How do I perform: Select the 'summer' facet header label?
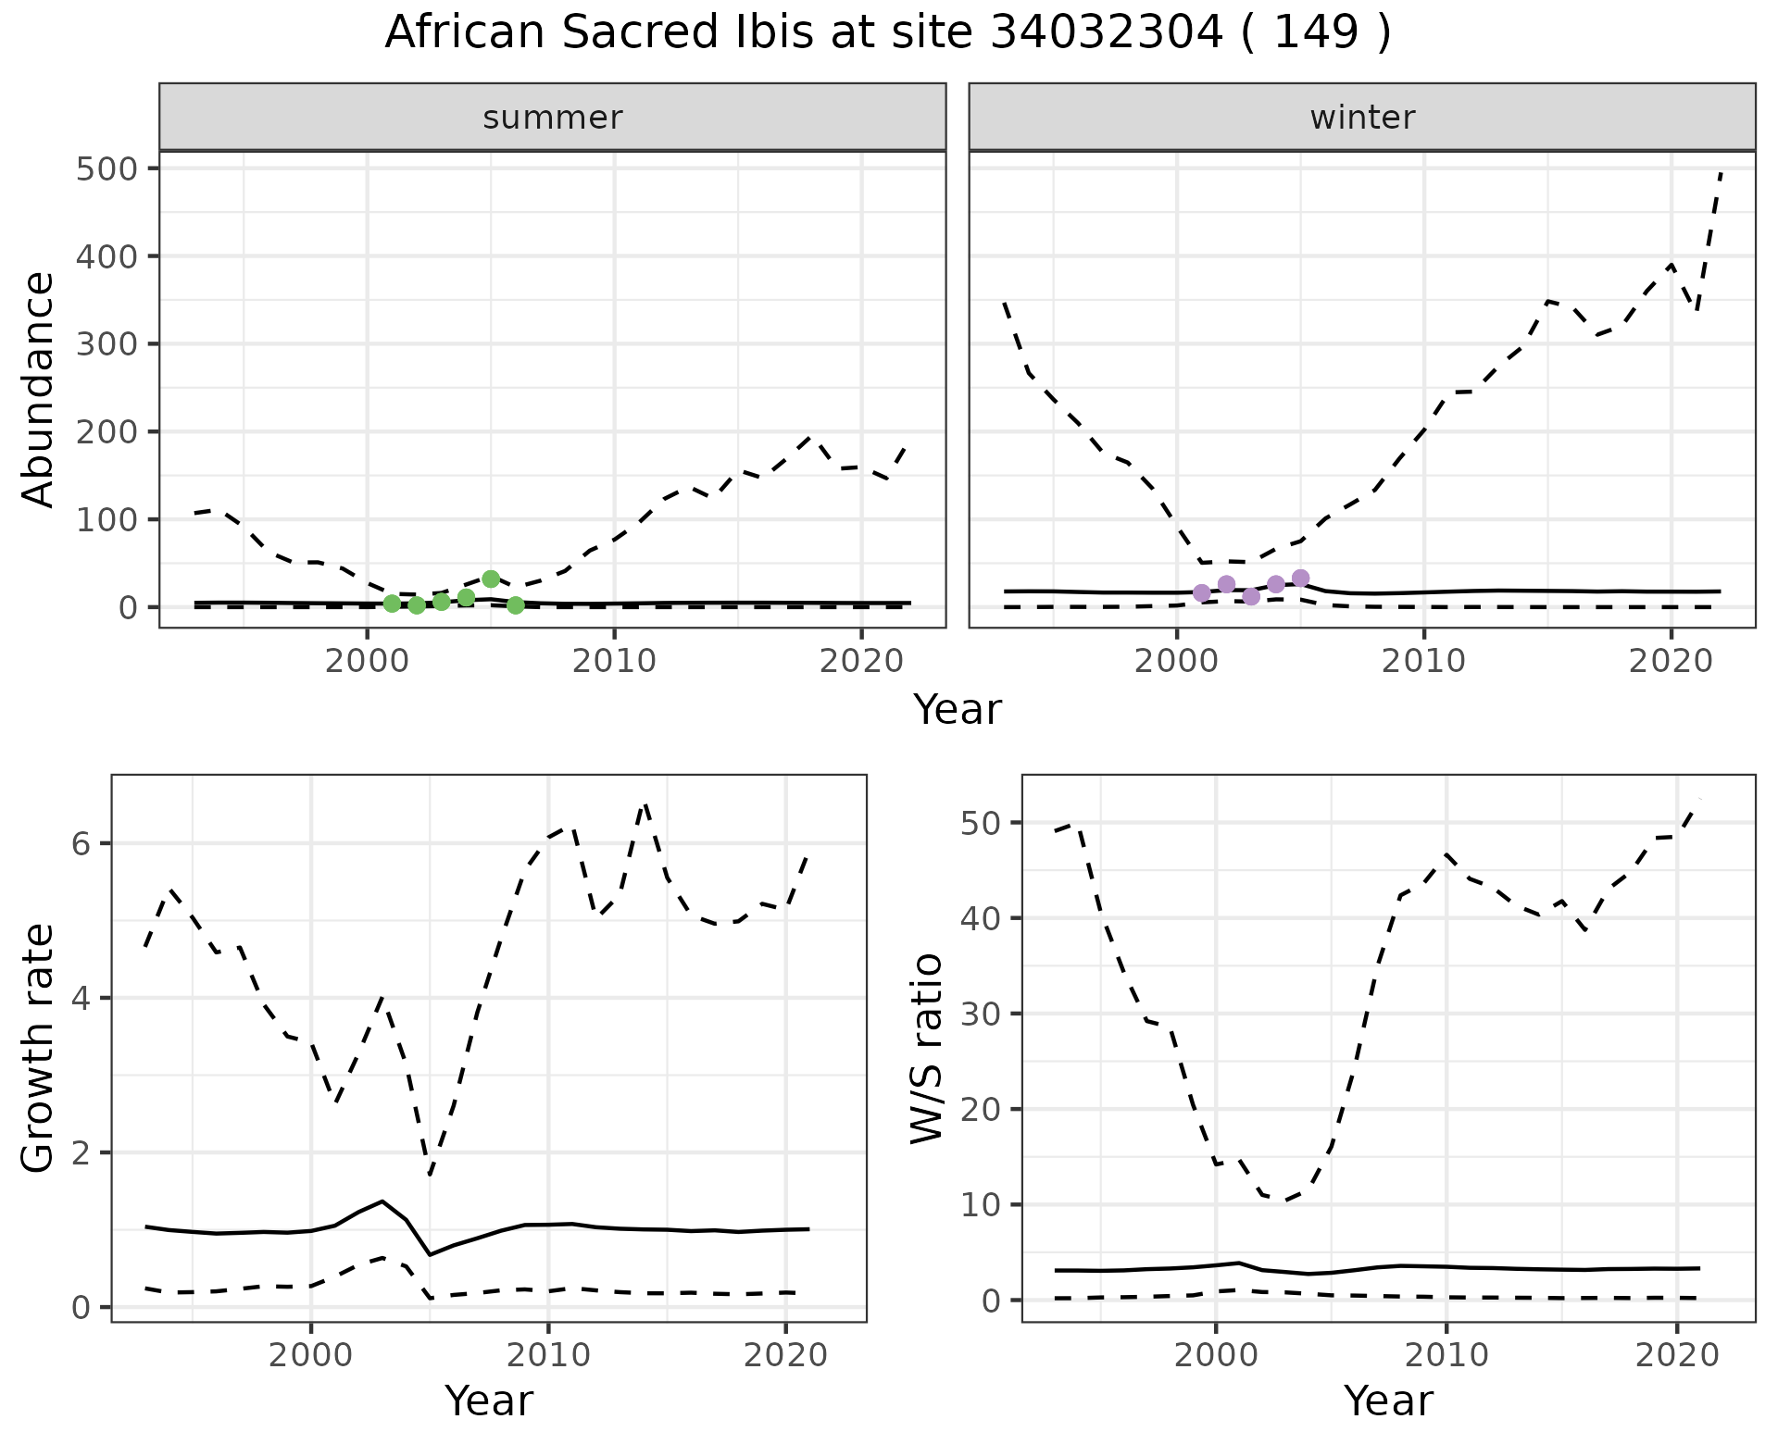point(553,118)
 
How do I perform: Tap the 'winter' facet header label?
point(1362,118)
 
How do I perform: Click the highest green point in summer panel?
point(491,579)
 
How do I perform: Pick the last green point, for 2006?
point(516,605)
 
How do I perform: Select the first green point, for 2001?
point(392,604)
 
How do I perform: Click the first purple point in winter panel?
point(1202,593)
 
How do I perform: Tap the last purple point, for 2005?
point(1300,579)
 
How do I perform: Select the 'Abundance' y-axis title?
point(39,389)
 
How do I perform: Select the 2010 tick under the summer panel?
point(614,661)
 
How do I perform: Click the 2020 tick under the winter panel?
point(1672,661)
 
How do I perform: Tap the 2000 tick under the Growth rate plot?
point(310,1356)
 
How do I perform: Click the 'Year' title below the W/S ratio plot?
point(1388,1400)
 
